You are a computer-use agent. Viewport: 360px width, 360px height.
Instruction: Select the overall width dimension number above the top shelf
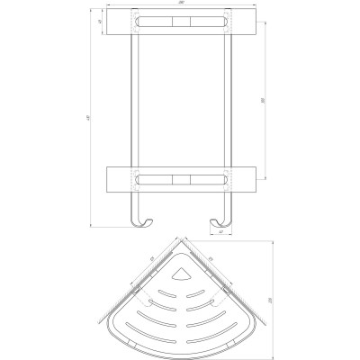click(181, 7)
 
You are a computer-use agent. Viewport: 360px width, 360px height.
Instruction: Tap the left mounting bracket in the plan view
click(134, 292)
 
